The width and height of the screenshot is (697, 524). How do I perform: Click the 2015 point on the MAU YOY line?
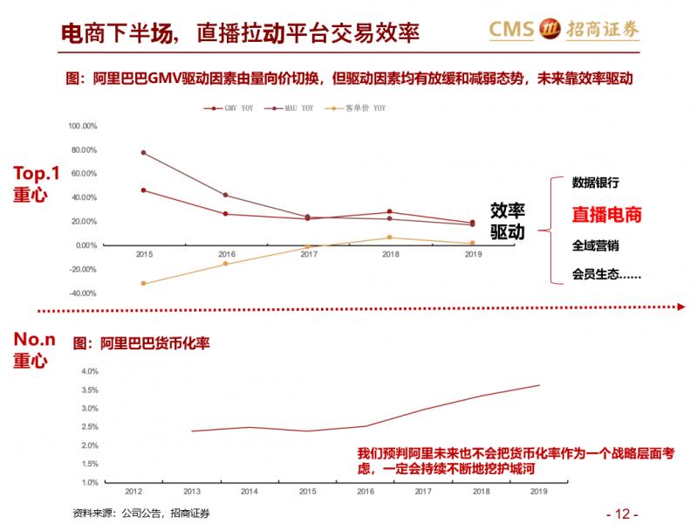coord(144,153)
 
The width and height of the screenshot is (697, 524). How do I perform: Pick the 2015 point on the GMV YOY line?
coord(144,190)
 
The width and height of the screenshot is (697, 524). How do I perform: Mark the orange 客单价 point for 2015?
coord(144,283)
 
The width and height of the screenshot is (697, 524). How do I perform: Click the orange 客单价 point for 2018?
coord(390,238)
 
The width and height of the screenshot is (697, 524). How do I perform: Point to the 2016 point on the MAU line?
coord(226,195)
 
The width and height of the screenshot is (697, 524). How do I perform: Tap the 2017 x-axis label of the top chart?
coord(308,254)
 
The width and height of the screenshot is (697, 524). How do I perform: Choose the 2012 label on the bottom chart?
coord(134,492)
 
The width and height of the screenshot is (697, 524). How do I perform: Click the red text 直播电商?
coord(606,215)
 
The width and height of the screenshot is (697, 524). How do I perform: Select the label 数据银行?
coord(596,183)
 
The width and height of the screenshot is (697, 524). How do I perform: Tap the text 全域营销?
coord(596,245)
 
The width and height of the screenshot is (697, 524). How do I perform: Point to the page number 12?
coord(622,512)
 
